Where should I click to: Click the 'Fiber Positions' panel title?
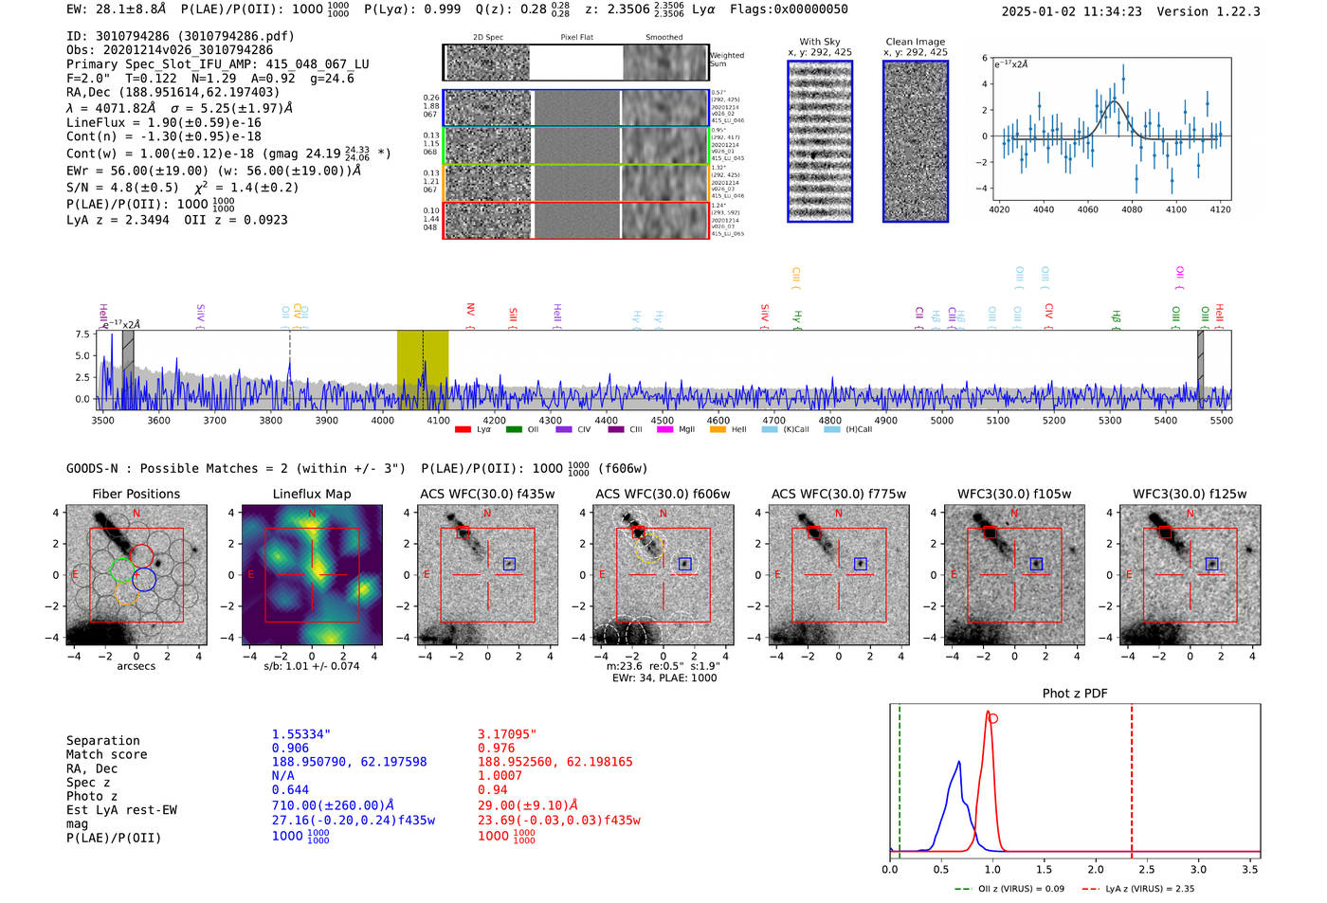coord(136,494)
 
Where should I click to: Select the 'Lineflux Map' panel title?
coord(312,494)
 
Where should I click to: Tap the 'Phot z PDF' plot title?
coord(1075,694)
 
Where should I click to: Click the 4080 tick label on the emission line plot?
coord(1132,209)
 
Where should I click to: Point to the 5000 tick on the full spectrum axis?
coord(942,421)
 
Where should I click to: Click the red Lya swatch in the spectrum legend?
coord(463,430)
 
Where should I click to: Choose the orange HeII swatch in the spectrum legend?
coord(718,430)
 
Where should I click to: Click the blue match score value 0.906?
coord(290,749)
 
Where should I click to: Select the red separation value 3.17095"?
coord(507,734)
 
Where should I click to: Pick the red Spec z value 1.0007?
coord(500,776)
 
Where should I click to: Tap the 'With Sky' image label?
coord(820,42)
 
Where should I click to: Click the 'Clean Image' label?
coord(915,42)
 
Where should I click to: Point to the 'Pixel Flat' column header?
coord(576,38)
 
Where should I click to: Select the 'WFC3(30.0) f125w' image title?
coord(1190,494)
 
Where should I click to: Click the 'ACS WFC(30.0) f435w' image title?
coord(487,494)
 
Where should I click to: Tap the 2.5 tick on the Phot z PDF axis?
coord(1147,869)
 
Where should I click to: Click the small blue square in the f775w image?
coord(861,563)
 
